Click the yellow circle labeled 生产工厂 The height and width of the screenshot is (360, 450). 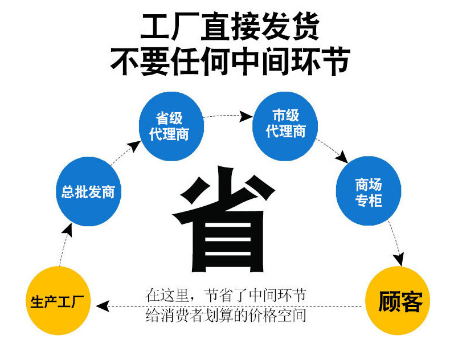(x=58, y=301)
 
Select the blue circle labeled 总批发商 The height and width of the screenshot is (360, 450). (x=88, y=191)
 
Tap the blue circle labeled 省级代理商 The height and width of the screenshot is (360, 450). (x=171, y=126)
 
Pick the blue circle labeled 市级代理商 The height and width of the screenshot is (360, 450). (x=285, y=126)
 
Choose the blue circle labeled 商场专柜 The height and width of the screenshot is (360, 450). (x=369, y=191)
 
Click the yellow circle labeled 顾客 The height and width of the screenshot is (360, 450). (x=398, y=301)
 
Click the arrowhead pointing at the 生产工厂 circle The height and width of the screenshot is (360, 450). (x=103, y=306)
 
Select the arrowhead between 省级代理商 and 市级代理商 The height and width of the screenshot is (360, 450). (x=246, y=116)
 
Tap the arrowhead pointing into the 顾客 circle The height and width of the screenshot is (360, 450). (x=399, y=259)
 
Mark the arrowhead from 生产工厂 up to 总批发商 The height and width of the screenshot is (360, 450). (x=68, y=230)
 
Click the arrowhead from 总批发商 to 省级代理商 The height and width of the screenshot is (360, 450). (x=134, y=146)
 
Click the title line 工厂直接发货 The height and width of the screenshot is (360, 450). (x=230, y=27)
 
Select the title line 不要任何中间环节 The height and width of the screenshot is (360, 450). (x=230, y=62)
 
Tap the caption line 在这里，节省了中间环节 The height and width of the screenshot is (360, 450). (x=226, y=296)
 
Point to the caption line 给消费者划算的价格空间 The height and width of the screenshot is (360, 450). (x=226, y=316)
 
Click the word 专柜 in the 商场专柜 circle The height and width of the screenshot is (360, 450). (x=369, y=201)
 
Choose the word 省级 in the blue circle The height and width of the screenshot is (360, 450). (x=169, y=118)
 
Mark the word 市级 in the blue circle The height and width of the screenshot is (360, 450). (x=285, y=115)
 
